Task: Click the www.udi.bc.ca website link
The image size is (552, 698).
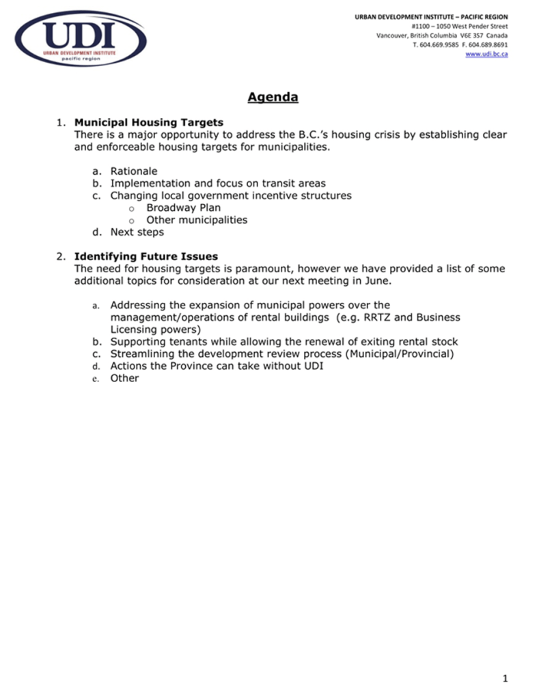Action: (x=486, y=54)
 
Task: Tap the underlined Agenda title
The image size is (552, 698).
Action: (x=273, y=98)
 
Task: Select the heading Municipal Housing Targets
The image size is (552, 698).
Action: (x=148, y=122)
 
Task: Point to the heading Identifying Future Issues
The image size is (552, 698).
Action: (x=146, y=257)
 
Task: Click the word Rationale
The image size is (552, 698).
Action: (x=134, y=171)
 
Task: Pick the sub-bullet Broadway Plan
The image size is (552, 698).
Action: (x=183, y=207)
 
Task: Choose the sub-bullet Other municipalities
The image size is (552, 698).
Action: (x=197, y=220)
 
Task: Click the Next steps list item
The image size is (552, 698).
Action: (x=137, y=232)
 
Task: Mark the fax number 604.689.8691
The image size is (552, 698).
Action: (x=486, y=44)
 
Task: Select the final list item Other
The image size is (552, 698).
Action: (x=124, y=378)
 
